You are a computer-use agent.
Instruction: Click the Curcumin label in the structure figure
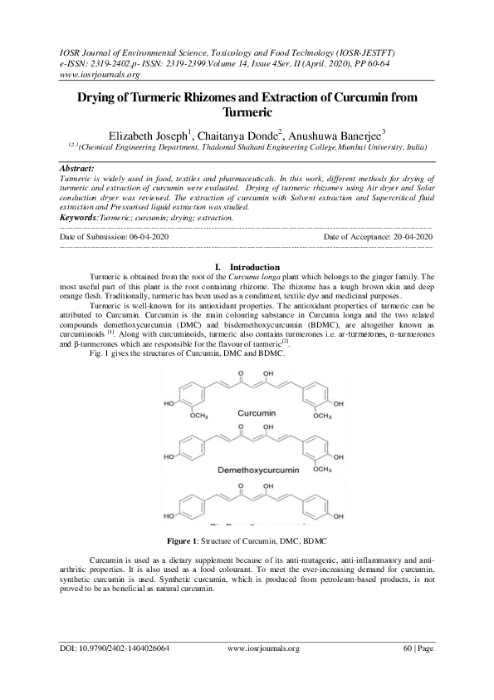coord(256,413)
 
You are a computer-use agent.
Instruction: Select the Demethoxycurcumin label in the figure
coord(256,470)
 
